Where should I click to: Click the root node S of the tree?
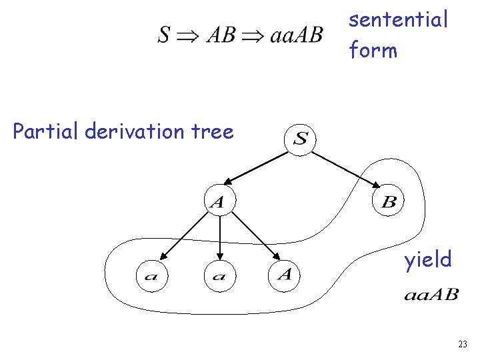301,139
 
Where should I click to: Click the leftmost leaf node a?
151,276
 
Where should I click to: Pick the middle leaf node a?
219,276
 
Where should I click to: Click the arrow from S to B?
347,168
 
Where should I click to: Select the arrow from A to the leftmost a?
184,239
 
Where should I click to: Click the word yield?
427,259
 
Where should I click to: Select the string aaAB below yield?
431,295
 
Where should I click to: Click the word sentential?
399,20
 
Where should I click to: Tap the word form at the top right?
373,50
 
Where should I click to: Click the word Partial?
46,131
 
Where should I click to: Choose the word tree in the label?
212,131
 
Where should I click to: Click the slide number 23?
463,344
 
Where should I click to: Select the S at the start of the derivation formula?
164,35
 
